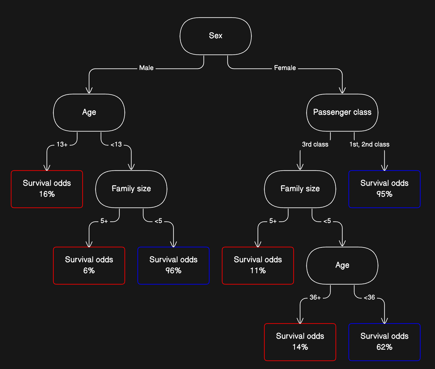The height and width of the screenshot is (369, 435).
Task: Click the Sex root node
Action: pos(215,36)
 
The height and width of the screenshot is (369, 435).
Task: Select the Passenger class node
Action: pos(342,112)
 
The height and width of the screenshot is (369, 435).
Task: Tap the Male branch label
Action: pos(146,68)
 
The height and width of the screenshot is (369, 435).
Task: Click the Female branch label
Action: pos(285,68)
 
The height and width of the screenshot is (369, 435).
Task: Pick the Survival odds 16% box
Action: pos(47,189)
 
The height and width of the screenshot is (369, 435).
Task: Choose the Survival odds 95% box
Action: pos(384,189)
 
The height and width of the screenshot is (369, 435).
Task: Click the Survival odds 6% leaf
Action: pos(89,265)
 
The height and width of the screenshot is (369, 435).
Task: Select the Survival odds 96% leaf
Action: pos(173,265)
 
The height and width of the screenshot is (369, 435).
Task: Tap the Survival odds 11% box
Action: pos(258,265)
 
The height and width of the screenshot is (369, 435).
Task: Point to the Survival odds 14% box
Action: pos(300,342)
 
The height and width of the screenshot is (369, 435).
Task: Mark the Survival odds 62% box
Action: pos(384,342)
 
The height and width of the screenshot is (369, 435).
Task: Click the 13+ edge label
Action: pos(62,144)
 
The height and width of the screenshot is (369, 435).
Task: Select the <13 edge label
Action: pos(116,144)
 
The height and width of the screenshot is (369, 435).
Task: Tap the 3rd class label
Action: pos(315,144)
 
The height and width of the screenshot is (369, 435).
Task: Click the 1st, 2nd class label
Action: pos(369,144)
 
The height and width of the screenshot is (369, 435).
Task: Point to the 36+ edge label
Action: pos(315,297)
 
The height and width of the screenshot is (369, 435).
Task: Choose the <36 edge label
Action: pos(369,297)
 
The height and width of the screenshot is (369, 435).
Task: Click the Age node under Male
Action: pos(89,112)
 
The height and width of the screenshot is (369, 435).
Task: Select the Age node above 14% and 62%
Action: pos(342,265)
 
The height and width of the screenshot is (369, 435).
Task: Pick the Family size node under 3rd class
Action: pos(300,189)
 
